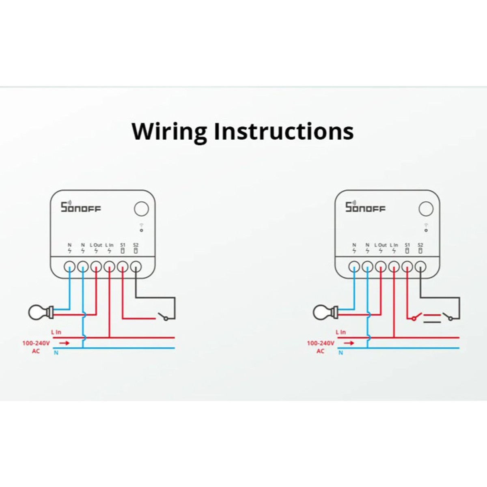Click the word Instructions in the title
coord(284,131)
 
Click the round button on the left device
coord(141,209)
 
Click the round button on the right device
coord(426,209)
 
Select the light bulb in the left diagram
coord(41,312)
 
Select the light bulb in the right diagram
coord(325,312)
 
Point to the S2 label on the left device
coord(136,245)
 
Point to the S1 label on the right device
coord(407,245)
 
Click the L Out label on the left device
coord(96,245)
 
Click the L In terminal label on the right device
coord(394,245)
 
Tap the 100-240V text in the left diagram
coord(36,343)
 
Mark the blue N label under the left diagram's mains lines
coord(56,353)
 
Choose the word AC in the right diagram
coord(320,351)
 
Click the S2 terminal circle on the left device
coord(136,267)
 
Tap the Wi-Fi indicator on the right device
coord(426,228)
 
